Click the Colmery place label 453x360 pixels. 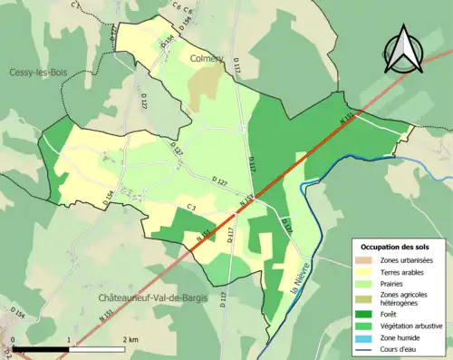click(208, 59)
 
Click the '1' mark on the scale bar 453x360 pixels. click(69, 339)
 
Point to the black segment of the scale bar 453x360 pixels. click(42, 348)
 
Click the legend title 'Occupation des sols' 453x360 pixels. click(396, 246)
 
